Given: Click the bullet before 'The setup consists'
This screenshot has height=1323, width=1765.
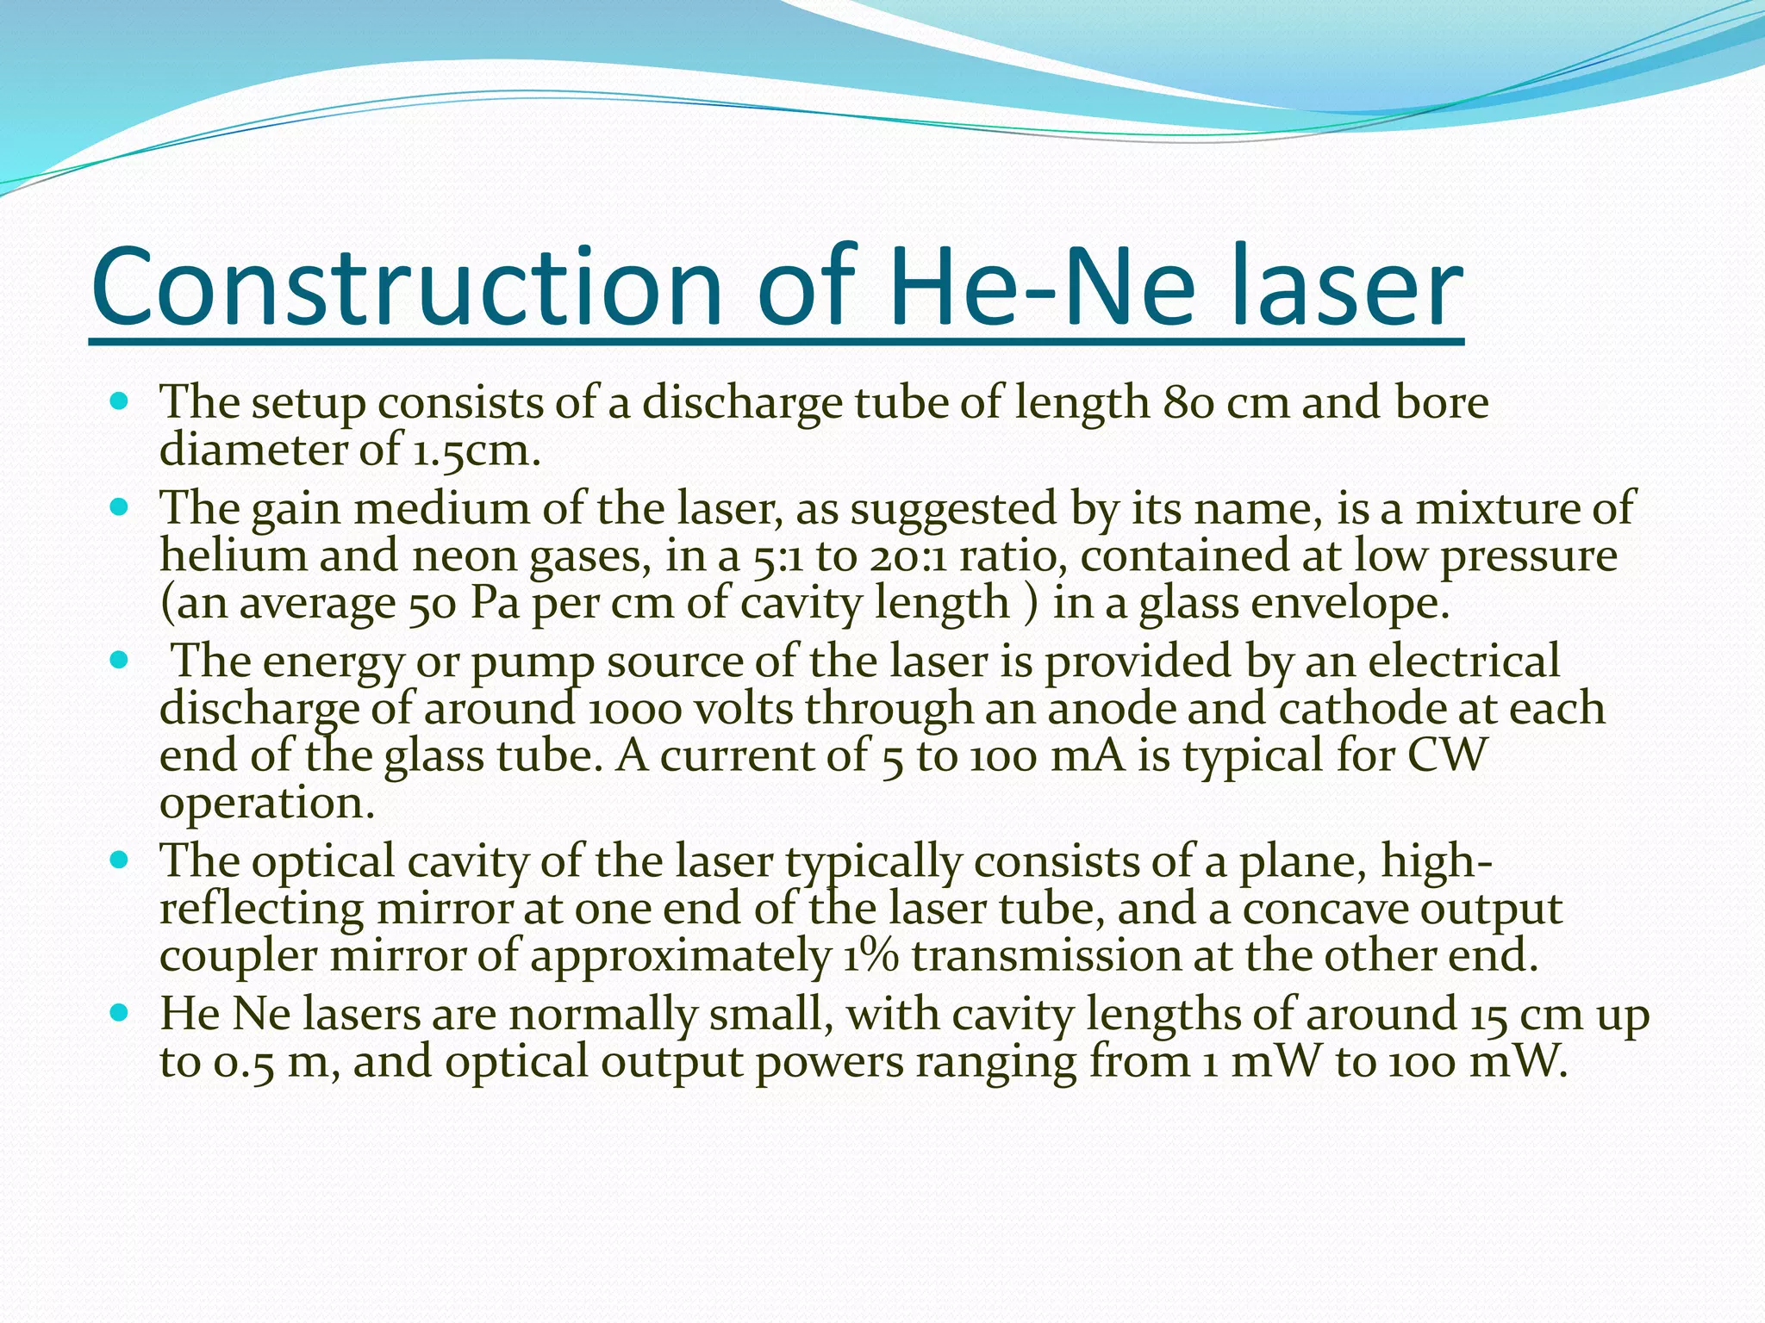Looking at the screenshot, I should [x=120, y=401].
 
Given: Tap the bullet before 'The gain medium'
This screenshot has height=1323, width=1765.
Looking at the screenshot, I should [x=120, y=507].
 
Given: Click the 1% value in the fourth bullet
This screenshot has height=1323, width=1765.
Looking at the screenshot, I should [x=870, y=956].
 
